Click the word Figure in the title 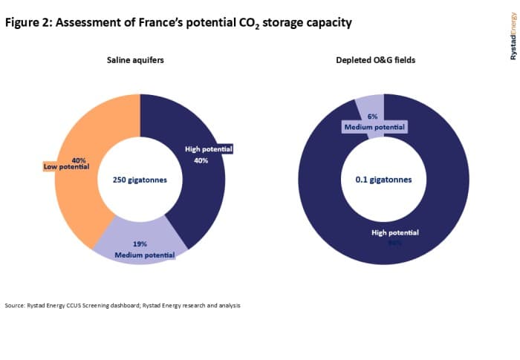point(22,22)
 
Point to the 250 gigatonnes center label point(140,180)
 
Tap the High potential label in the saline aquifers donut point(209,149)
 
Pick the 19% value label point(140,244)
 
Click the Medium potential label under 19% point(145,255)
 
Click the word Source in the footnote point(15,306)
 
